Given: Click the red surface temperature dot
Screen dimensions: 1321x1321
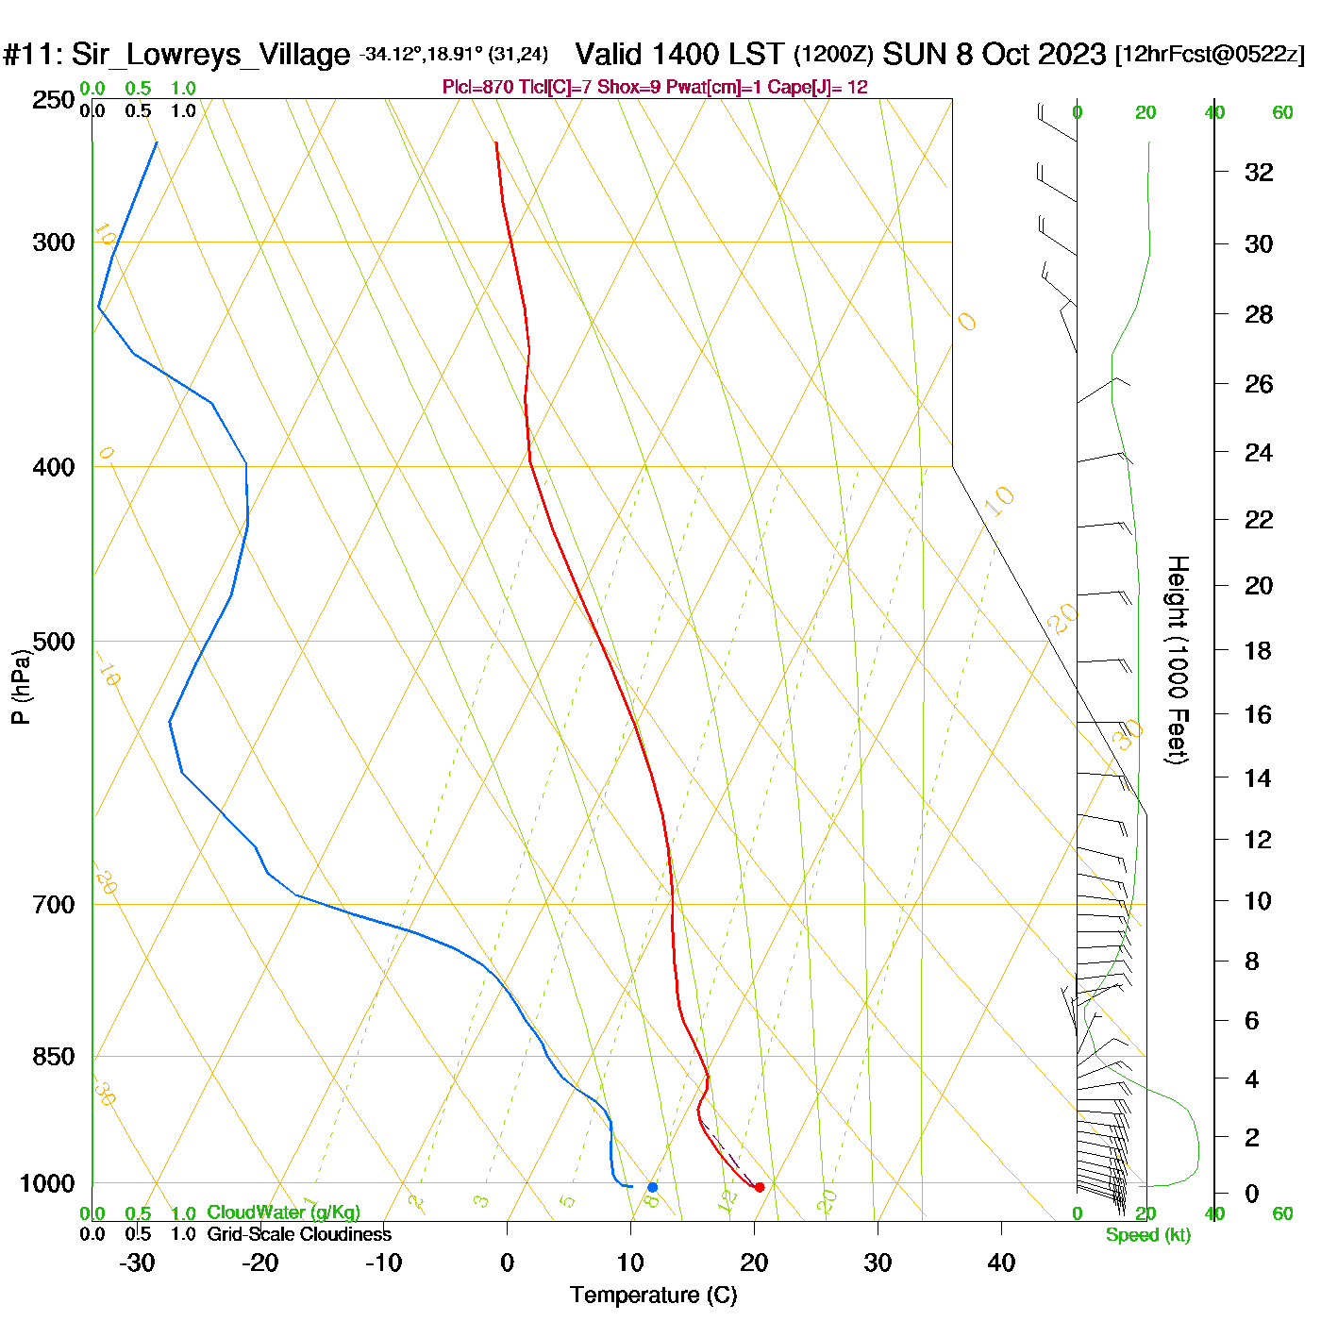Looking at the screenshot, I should (x=759, y=1187).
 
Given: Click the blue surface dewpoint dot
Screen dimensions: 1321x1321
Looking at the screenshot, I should (x=652, y=1187).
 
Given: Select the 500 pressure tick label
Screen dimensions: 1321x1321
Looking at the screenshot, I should (x=54, y=642).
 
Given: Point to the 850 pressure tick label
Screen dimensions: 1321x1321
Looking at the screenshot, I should (x=54, y=1057).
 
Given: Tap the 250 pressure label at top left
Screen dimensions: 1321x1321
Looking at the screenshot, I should (x=54, y=100).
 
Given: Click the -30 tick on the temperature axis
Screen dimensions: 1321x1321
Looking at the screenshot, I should (x=137, y=1262).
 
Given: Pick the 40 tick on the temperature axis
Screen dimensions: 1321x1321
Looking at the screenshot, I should (x=1001, y=1262).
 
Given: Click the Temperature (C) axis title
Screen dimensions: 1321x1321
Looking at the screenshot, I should (x=653, y=1296).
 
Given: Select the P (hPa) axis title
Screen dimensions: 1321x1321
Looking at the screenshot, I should (x=21, y=687).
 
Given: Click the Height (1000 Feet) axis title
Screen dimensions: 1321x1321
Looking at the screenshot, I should (x=1178, y=660).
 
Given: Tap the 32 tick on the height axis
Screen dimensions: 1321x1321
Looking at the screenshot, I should (x=1259, y=172).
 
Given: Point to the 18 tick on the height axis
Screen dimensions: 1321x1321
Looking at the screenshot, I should (x=1258, y=650).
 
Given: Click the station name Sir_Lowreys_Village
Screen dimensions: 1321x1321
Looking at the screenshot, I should (x=210, y=55).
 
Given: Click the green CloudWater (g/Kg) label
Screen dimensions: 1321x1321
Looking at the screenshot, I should (x=283, y=1212).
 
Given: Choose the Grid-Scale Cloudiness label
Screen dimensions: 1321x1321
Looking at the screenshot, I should (x=299, y=1234).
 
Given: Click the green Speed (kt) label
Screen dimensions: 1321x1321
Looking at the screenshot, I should (x=1148, y=1235).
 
